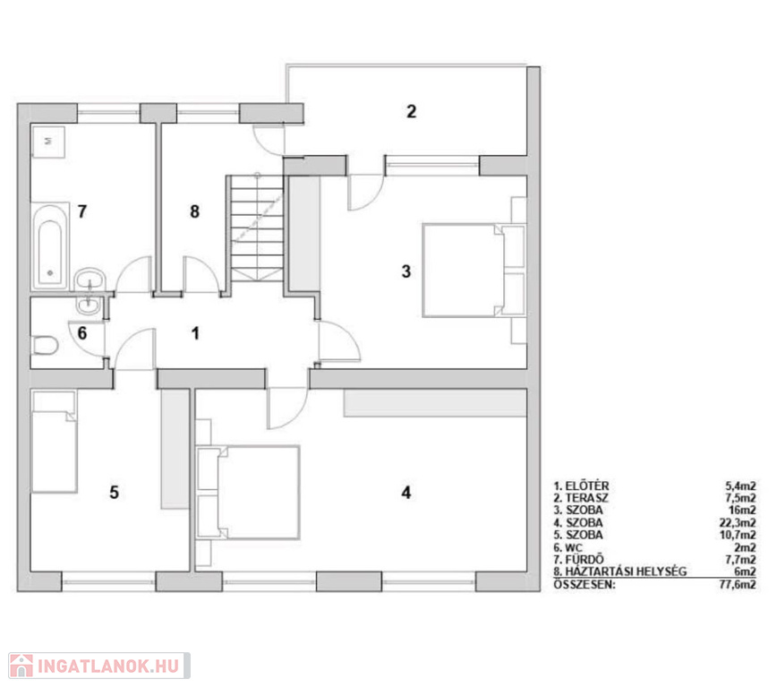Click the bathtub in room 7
point(49,246)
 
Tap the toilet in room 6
point(45,346)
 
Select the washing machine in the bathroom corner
point(48,142)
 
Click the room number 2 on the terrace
point(411,112)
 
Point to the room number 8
point(195,211)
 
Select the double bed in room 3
point(474,271)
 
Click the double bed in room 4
point(248,493)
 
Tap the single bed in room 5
point(54,442)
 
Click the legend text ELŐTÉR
point(587,486)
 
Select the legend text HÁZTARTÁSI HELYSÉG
point(626,572)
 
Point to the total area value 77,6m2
point(738,584)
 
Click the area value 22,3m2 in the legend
point(738,522)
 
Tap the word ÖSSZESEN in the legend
point(585,584)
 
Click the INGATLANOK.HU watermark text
point(108,666)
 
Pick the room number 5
point(114,493)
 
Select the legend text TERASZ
point(587,498)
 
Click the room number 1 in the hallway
point(196,333)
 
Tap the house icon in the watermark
point(21,666)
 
